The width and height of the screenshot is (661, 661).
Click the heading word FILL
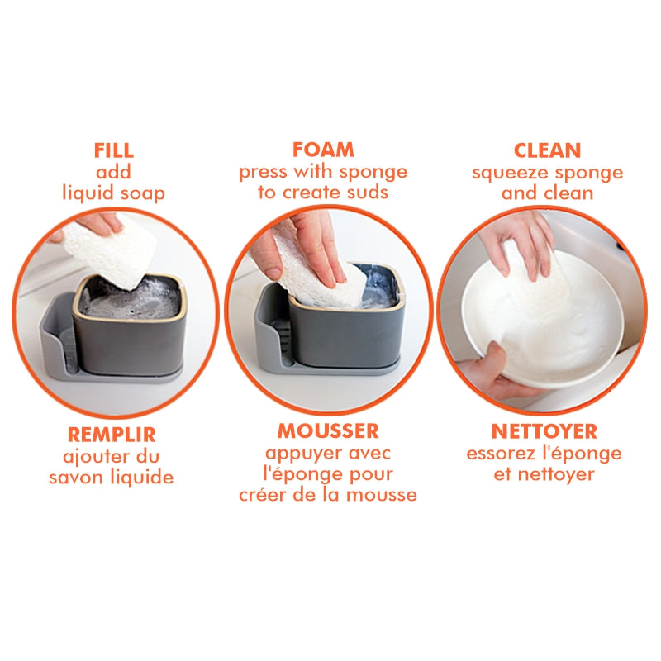coord(114,150)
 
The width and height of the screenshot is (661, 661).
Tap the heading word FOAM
coord(323,150)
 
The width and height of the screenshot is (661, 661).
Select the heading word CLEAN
coord(547,150)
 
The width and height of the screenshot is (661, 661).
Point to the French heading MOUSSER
coord(328,431)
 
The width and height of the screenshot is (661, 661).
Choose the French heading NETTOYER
coord(544,431)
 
